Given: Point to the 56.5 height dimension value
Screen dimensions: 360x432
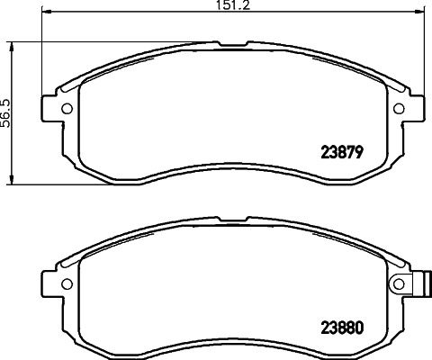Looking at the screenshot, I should tap(5, 113).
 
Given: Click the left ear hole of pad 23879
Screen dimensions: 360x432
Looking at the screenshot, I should tap(66, 109).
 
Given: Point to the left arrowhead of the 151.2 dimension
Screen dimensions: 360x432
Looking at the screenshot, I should tap(46, 13).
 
